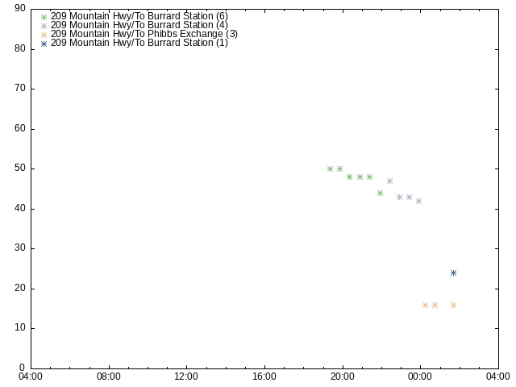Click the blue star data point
453,273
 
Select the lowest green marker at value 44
380,193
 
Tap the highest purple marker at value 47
389,181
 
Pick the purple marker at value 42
418,201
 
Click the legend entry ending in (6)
139,16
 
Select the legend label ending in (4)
139,25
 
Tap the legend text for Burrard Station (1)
139,43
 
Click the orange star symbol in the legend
44,34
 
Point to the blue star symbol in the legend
44,43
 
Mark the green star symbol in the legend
44,16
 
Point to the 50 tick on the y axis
20,169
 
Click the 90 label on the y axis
20,9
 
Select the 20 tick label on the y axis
20,289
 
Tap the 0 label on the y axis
23,368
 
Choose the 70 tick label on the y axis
20,89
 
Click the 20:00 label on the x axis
342,377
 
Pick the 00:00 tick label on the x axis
420,377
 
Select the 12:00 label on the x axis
186,377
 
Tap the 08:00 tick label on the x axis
108,377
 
